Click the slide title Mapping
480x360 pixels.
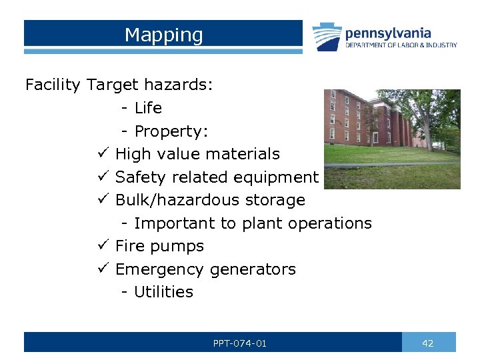click(x=163, y=35)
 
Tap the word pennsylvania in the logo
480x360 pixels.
click(x=387, y=33)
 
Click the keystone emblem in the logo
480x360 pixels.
click(x=327, y=37)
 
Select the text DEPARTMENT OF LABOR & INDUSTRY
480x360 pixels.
click(x=401, y=45)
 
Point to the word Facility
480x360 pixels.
click(x=53, y=85)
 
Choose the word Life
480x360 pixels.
click(x=148, y=108)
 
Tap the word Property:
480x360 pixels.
click(x=171, y=131)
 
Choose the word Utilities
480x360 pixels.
click(x=163, y=292)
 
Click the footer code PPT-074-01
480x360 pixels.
click(x=240, y=343)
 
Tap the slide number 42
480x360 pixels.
click(x=428, y=343)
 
